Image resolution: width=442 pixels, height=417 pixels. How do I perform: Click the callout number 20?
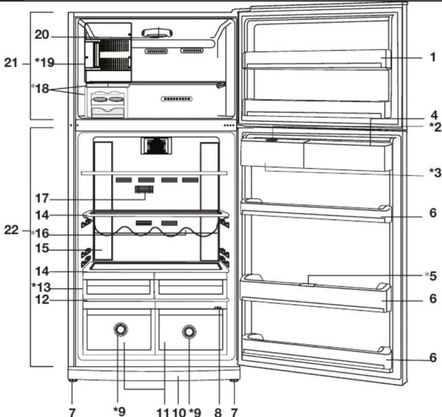click(x=42, y=35)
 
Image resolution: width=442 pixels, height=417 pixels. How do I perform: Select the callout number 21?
click(x=11, y=63)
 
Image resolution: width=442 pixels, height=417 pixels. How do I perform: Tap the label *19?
click(x=45, y=63)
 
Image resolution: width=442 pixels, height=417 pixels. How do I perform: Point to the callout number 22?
click(x=11, y=230)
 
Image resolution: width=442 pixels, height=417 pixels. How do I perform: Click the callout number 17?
click(x=42, y=198)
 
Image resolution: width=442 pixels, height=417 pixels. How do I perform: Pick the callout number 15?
click(x=42, y=248)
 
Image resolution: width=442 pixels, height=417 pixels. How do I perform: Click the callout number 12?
click(x=42, y=300)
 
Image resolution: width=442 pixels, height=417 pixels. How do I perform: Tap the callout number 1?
click(x=433, y=57)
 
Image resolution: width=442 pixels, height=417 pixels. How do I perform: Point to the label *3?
click(x=435, y=173)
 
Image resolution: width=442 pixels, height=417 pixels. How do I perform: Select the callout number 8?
click(x=218, y=412)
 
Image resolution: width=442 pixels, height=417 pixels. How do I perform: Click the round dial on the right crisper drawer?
click(x=189, y=332)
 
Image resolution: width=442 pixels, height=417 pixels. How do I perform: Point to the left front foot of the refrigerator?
click(x=73, y=380)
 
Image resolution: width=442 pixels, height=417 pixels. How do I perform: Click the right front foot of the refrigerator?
click(x=234, y=380)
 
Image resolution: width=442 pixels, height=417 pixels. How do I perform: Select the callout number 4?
click(x=434, y=115)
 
